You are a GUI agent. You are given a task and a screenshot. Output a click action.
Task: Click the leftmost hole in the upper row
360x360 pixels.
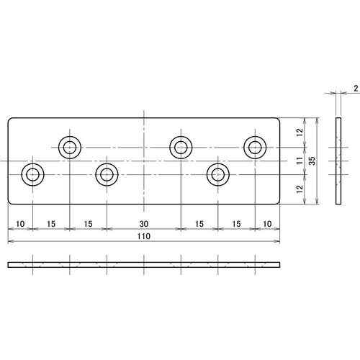click(70, 148)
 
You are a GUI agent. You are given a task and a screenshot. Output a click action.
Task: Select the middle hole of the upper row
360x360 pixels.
click(181, 148)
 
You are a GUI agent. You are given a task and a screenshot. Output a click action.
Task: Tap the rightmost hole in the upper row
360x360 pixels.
click(255, 148)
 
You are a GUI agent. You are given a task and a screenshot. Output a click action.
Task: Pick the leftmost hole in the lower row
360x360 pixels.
click(33, 174)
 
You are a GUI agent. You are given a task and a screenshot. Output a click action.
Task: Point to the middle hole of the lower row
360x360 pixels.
click(107, 174)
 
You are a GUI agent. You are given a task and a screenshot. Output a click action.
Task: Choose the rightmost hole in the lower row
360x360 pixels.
click(217, 174)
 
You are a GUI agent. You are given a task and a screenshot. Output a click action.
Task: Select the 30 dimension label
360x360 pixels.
click(143, 225)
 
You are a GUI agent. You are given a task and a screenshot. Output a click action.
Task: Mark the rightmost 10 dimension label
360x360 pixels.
click(267, 225)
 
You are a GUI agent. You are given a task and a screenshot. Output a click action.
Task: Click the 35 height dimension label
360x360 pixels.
click(312, 161)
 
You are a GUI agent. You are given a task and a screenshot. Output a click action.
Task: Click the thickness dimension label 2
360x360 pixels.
click(356, 89)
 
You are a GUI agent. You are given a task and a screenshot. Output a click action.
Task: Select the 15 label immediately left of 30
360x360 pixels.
click(89, 225)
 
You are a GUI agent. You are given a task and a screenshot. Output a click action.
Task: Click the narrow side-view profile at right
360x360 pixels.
click(338, 161)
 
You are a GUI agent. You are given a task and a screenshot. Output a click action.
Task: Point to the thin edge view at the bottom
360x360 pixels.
click(143, 265)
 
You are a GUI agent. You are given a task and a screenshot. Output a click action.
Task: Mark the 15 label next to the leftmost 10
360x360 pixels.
click(51, 225)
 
